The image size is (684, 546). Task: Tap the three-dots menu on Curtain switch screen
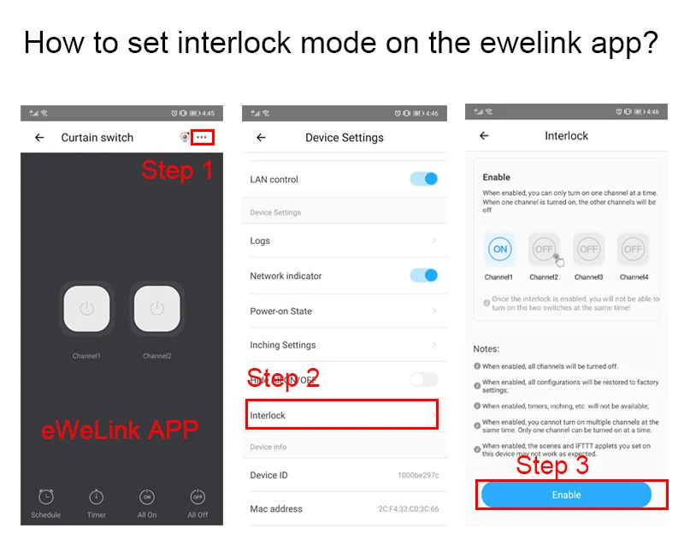tap(202, 137)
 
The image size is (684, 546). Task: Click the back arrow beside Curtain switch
tap(39, 137)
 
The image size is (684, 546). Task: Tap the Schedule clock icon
tap(46, 497)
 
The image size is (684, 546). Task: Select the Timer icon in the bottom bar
tap(97, 497)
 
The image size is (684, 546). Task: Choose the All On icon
tap(147, 497)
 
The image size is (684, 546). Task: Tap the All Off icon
tap(198, 497)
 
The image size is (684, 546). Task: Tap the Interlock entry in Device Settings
tap(342, 415)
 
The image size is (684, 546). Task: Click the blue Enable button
tap(566, 495)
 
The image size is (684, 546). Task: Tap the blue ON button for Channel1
tap(500, 249)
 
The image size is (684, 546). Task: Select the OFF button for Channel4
tap(633, 249)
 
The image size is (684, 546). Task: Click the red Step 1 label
tap(177, 169)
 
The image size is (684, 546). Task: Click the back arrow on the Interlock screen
tap(484, 135)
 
